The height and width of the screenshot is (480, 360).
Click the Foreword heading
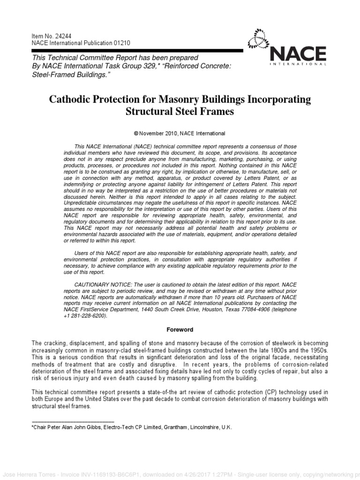pos(180,330)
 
